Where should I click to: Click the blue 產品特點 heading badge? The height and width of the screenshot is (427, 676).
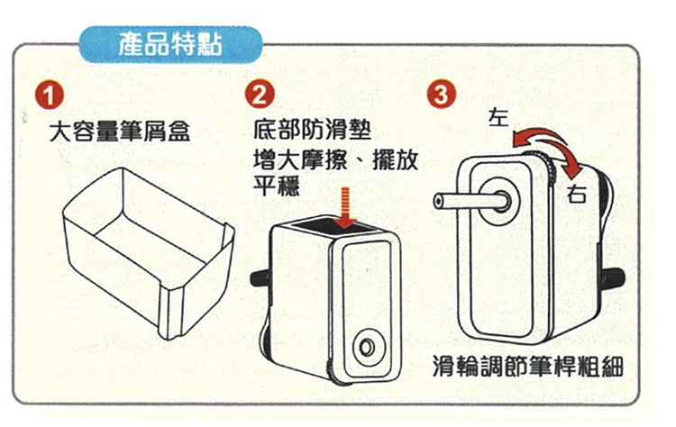170,45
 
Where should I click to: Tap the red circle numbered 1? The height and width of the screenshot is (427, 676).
50,95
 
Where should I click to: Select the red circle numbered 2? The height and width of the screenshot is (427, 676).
260,95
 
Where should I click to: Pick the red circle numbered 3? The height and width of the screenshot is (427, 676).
441,95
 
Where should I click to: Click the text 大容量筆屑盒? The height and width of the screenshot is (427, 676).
119,131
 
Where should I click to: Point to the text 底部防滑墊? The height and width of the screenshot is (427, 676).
312,129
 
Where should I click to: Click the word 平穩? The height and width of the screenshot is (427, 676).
277,186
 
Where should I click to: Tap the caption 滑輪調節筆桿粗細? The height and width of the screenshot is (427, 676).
528,368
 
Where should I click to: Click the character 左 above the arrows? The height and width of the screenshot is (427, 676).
498,117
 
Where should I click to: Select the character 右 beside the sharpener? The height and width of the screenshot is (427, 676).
577,194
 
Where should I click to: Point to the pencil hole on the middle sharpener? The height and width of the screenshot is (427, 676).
367,347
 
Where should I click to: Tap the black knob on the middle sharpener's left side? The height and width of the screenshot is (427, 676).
260,278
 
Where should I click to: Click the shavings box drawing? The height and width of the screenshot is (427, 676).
149,253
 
